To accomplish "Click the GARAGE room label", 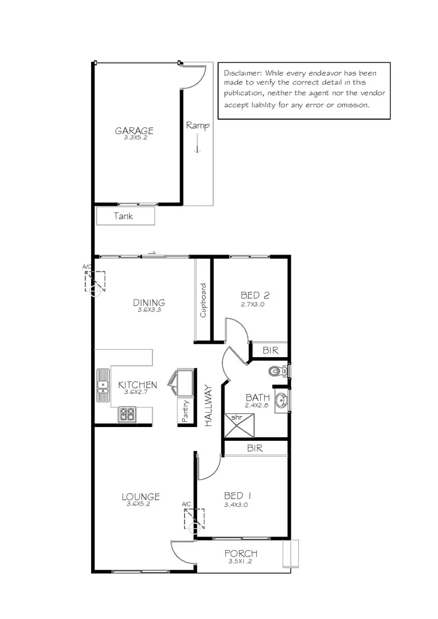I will point(134,130).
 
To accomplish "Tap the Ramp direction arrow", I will point(197,143).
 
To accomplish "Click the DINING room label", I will point(149,303).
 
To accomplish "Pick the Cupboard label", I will point(203,300).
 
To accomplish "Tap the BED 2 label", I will point(255,296).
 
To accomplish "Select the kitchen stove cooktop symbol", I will point(127,414).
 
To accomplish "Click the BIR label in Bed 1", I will point(255,448).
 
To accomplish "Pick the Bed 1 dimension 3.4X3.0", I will point(236,505).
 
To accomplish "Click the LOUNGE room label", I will point(140,497).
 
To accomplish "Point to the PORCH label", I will point(241,554).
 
